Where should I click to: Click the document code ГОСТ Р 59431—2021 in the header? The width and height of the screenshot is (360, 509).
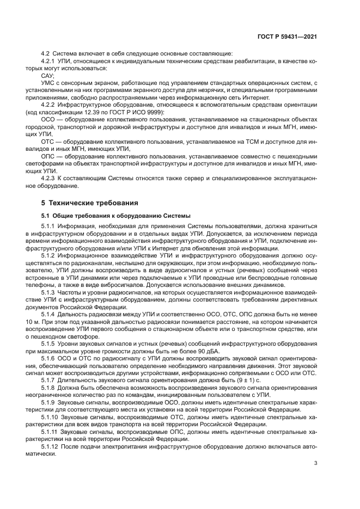click(x=287, y=37)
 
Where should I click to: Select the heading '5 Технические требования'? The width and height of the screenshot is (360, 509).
click(x=89, y=203)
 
